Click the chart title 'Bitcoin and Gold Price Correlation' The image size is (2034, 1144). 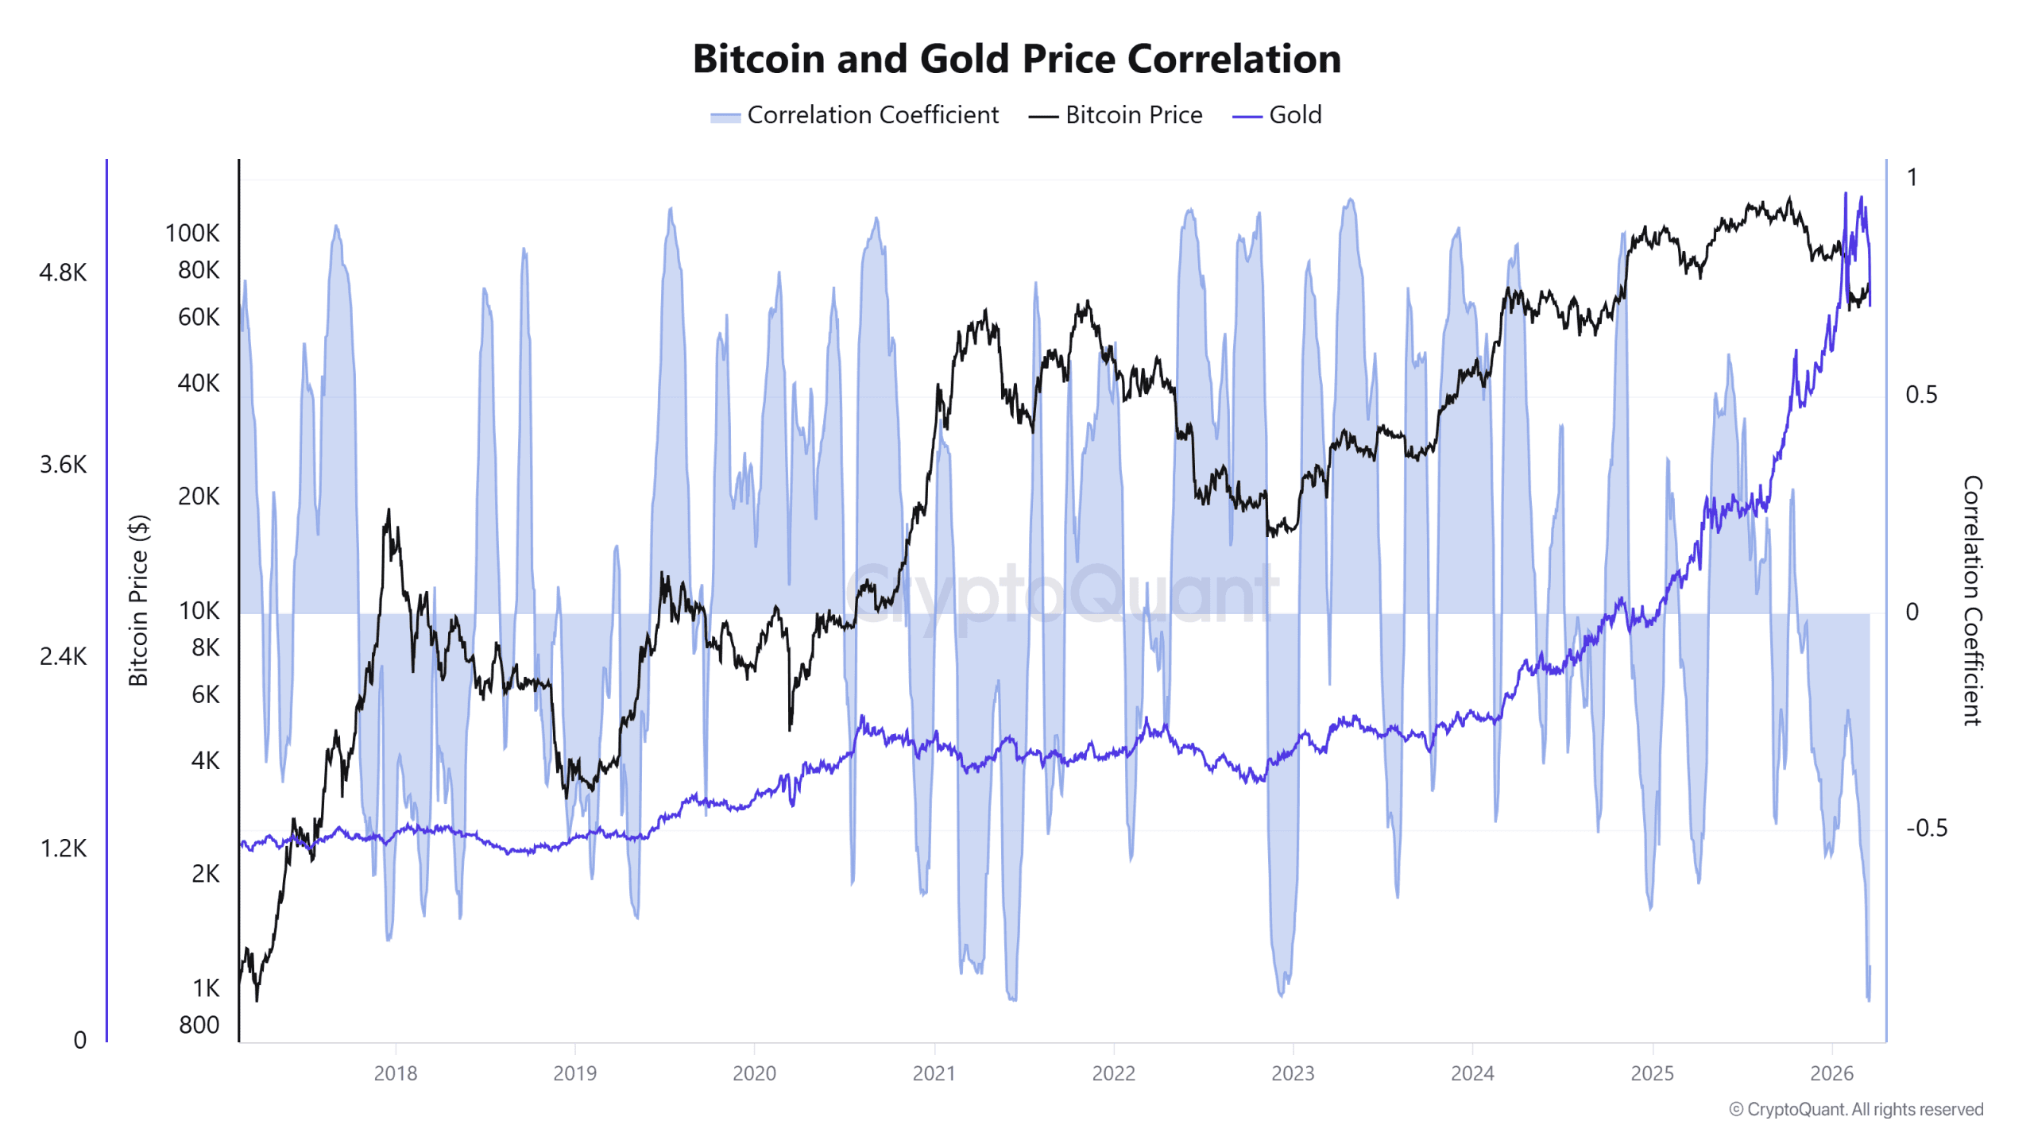(x=1016, y=59)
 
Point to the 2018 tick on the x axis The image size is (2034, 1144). (x=395, y=1073)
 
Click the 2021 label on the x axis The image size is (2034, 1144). (x=934, y=1073)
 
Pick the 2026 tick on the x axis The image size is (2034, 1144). (x=1831, y=1073)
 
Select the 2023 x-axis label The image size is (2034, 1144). (x=1293, y=1073)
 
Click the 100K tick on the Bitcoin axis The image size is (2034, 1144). (x=191, y=233)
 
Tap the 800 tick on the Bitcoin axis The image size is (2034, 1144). (x=199, y=1025)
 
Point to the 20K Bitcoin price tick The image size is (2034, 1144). (x=198, y=497)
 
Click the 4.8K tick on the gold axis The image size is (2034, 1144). (x=63, y=272)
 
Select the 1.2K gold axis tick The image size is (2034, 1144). (x=63, y=848)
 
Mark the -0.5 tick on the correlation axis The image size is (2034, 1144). (x=1926, y=828)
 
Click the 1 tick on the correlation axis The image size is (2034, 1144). (x=1912, y=177)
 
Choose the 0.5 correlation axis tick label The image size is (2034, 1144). (x=1921, y=395)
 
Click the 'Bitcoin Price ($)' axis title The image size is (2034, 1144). (x=138, y=601)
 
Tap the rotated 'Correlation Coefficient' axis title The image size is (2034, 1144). (x=1972, y=601)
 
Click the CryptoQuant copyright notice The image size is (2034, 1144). (x=1855, y=1109)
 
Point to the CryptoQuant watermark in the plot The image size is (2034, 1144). (x=1061, y=593)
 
